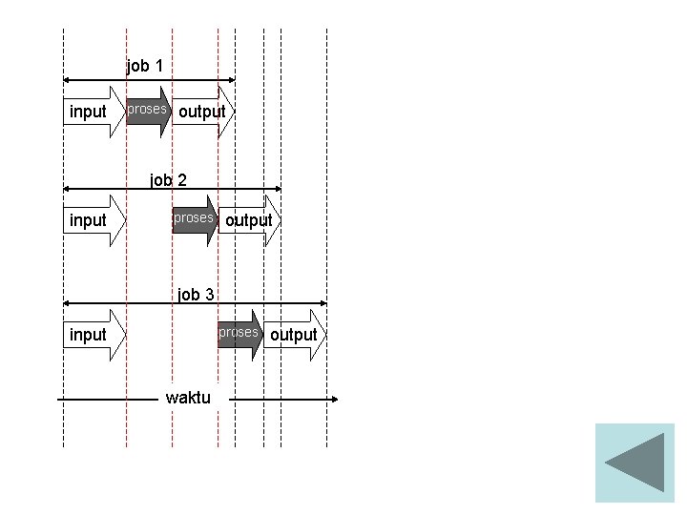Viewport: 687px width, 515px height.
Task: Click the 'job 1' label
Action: [x=145, y=67]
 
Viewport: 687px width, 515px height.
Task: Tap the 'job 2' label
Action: [x=168, y=179]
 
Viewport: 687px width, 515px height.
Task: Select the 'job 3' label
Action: [x=196, y=295]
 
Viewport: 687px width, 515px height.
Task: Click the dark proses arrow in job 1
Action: [x=149, y=111]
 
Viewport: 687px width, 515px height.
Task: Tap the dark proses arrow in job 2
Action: [x=195, y=219]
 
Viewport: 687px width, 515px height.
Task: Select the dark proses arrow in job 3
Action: [x=239, y=334]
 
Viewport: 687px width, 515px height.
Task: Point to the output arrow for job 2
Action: [x=250, y=220]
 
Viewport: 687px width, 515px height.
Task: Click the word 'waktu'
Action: [x=188, y=398]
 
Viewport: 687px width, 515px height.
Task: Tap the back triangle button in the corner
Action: [x=635, y=463]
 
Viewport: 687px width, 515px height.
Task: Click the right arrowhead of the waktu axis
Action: [x=333, y=399]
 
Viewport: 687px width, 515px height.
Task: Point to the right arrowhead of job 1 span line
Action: [x=231, y=80]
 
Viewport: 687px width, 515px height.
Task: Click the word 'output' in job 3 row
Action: [x=293, y=335]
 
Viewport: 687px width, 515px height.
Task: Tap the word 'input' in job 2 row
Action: [x=88, y=220]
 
